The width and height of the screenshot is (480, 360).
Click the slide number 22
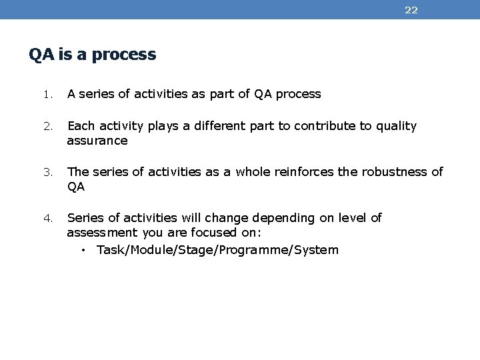coord(411,10)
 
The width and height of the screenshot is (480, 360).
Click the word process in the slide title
coord(127,55)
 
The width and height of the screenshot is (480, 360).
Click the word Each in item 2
coord(81,126)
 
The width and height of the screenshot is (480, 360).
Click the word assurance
coord(97,141)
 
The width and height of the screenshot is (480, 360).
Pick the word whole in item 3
coord(254,172)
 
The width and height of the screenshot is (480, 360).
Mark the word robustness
coord(394,172)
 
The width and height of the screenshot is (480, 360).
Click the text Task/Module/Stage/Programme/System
coord(217,251)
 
